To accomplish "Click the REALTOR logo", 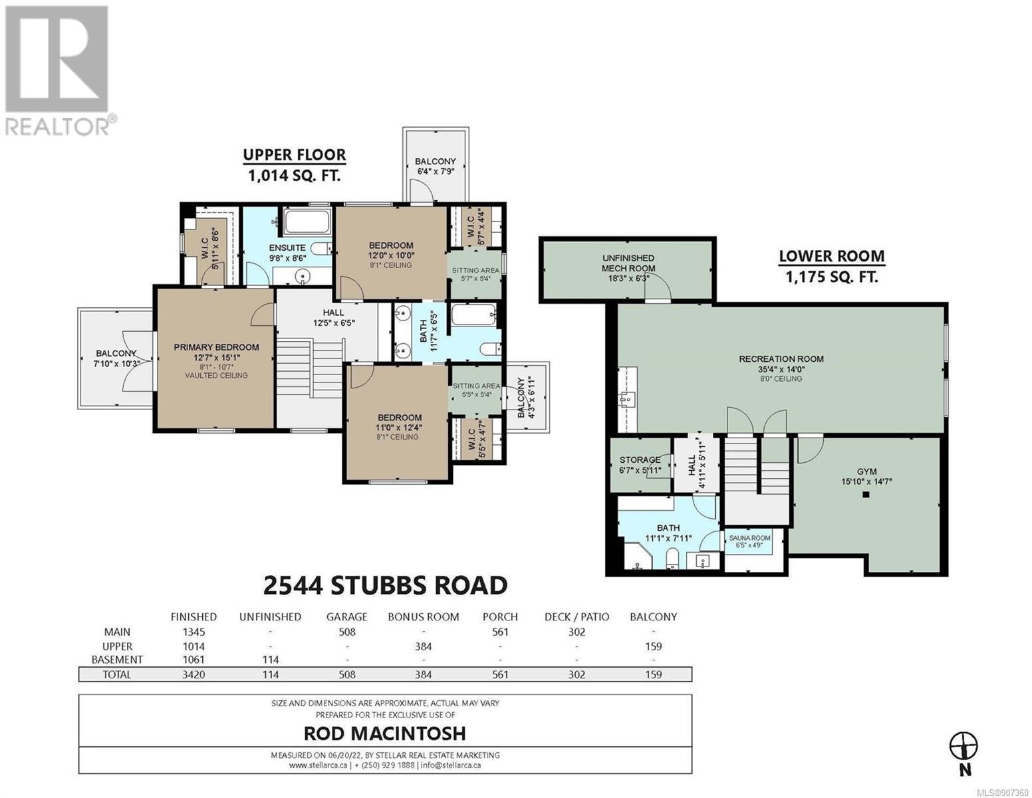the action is point(60,70).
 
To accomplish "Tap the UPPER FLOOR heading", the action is point(295,155).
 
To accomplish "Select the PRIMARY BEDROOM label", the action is point(216,347).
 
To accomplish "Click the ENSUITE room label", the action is point(287,247).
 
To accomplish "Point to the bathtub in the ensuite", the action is point(307,221).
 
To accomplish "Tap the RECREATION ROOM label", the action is point(781,359).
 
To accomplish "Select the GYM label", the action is point(866,471).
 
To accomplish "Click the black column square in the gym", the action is point(865,494).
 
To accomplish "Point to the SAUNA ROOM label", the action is point(749,537).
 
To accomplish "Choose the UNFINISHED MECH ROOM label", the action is point(628,263).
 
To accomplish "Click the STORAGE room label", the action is point(640,460).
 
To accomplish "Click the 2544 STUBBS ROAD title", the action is point(385,585).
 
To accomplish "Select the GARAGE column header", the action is point(346,616).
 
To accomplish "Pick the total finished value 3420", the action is point(193,674).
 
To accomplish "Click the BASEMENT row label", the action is point(117,660).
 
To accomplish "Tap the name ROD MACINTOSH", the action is point(385,733).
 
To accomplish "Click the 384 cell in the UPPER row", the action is point(423,646).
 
